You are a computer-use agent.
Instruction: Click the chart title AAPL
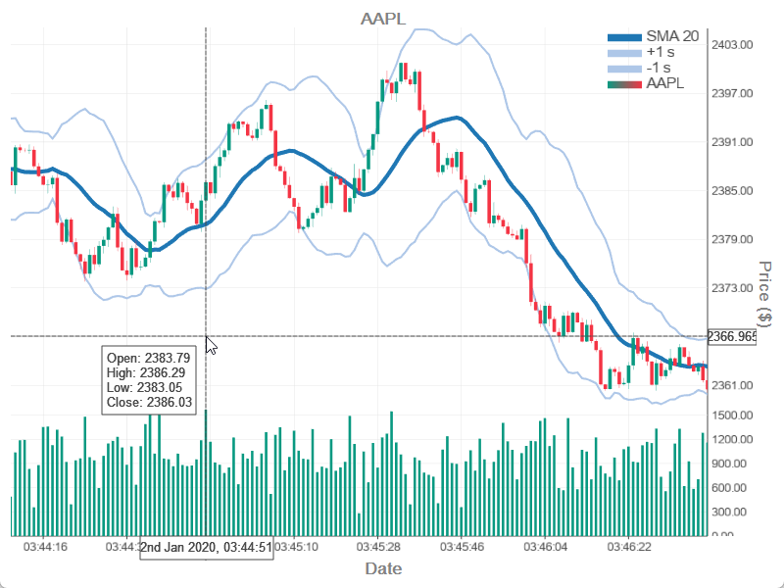(x=382, y=19)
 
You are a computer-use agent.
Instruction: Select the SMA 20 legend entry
(x=672, y=36)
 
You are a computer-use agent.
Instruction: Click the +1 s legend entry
(x=661, y=52)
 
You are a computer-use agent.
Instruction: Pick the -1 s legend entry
(x=659, y=68)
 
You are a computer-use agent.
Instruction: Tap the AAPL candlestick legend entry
(x=665, y=83)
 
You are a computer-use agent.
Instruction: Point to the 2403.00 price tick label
(x=732, y=45)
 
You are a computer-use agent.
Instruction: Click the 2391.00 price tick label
(x=732, y=142)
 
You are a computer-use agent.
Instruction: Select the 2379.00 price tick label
(x=732, y=239)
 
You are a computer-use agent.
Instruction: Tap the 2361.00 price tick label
(x=732, y=385)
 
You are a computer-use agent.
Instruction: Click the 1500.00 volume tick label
(x=732, y=416)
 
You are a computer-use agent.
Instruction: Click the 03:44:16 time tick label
(x=45, y=547)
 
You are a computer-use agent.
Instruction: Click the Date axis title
(x=383, y=568)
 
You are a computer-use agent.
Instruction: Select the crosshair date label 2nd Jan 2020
(x=207, y=547)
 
